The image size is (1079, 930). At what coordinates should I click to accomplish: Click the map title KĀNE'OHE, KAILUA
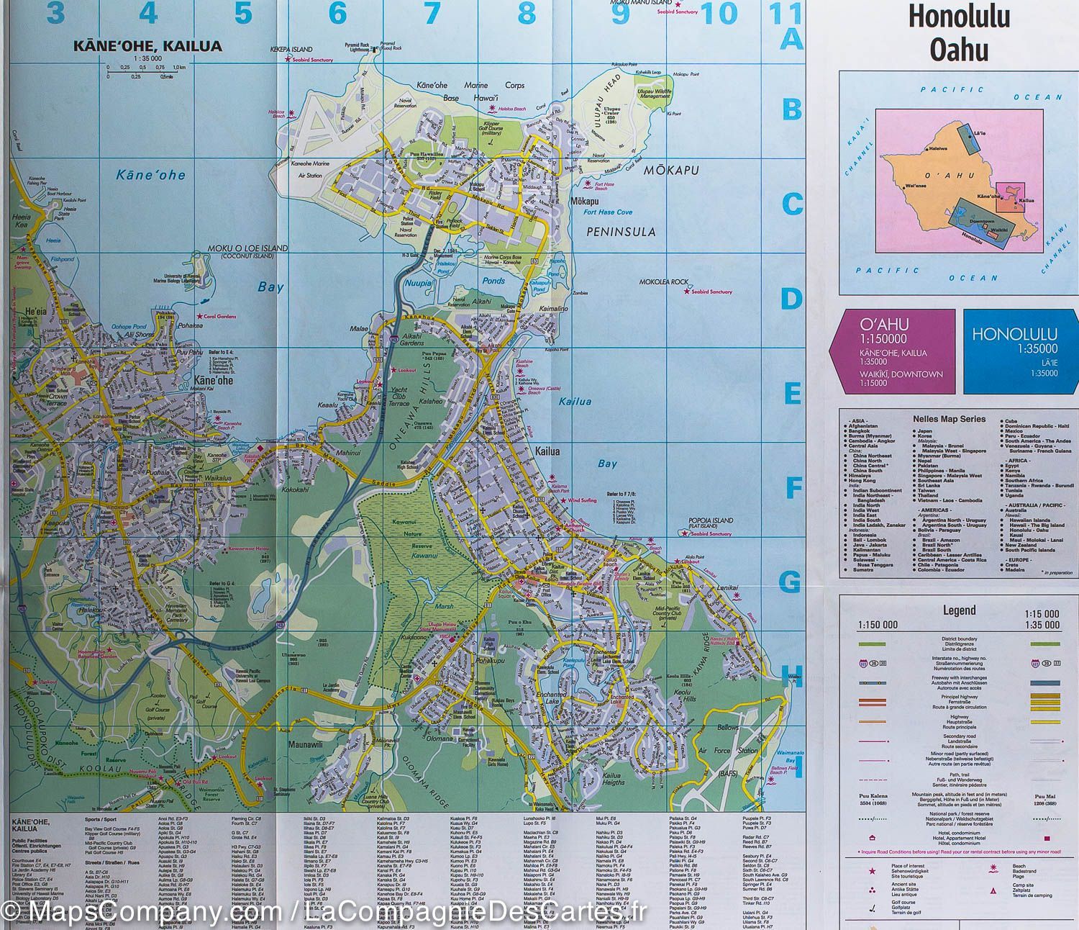click(x=147, y=46)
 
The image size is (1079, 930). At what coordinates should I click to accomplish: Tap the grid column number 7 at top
click(x=432, y=13)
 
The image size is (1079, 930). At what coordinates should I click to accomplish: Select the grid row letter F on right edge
click(x=793, y=489)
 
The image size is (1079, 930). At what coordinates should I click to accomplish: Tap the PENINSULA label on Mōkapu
click(x=621, y=232)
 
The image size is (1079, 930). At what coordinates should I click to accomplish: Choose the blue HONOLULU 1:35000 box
click(x=1014, y=351)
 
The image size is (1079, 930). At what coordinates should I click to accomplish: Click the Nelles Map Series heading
click(x=958, y=418)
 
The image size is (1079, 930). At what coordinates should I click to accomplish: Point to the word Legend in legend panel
click(x=959, y=610)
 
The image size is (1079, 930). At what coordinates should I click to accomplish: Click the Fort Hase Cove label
click(x=608, y=212)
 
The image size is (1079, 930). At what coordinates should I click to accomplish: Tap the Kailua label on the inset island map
click(x=1026, y=201)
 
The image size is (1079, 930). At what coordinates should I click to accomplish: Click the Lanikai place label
click(x=728, y=588)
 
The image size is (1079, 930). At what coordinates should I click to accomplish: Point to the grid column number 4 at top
click(x=148, y=13)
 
